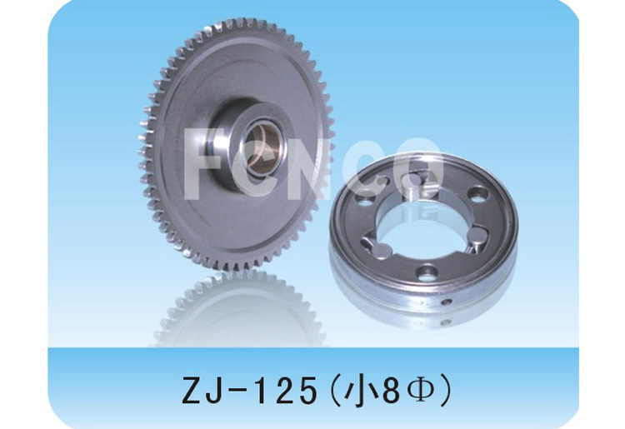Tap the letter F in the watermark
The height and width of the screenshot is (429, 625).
pyautogui.click(x=203, y=162)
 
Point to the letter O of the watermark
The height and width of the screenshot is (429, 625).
pyautogui.click(x=418, y=167)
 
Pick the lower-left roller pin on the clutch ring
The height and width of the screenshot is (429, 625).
pyautogui.click(x=382, y=252)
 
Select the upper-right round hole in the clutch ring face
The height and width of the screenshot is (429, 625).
pyautogui.click(x=478, y=195)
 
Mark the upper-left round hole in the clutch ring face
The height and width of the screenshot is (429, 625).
pyautogui.click(x=366, y=198)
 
